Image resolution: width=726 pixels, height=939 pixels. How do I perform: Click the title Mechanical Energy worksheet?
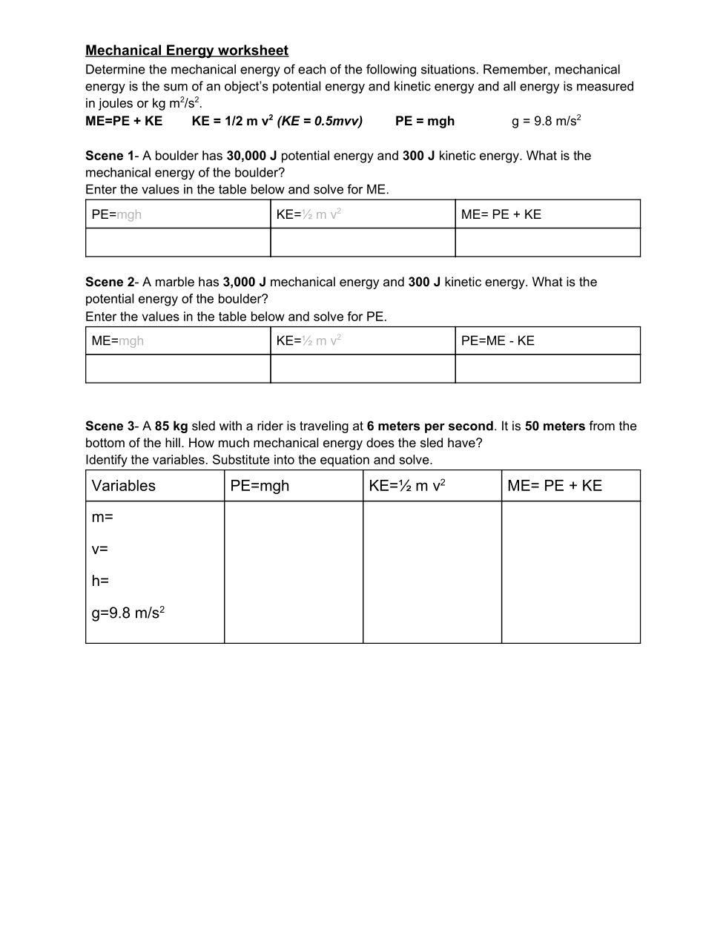[187, 50]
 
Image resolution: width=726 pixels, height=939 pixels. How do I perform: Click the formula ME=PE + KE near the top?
[124, 121]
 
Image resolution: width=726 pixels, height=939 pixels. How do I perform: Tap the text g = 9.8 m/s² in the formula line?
[546, 121]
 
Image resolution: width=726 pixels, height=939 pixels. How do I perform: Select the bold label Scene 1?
[109, 156]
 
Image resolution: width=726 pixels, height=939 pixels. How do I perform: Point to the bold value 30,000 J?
[251, 156]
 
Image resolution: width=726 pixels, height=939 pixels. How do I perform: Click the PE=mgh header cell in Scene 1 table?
[116, 214]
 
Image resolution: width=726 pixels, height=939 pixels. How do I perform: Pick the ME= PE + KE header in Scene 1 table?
[501, 214]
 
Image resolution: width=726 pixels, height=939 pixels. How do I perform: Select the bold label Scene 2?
[109, 282]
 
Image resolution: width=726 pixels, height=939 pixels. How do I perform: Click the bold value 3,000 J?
[244, 282]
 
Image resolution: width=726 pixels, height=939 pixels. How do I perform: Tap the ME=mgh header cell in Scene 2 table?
[118, 341]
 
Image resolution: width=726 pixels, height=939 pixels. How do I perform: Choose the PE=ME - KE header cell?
[498, 341]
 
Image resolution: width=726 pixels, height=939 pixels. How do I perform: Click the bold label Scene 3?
[109, 426]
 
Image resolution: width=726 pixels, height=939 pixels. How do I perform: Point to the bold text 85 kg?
[171, 426]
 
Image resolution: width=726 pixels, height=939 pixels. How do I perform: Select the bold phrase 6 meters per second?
[429, 426]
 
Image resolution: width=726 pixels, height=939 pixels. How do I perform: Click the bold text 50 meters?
[555, 426]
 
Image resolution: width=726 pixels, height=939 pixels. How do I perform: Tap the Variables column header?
[124, 486]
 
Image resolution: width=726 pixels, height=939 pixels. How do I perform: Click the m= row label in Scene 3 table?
[102, 517]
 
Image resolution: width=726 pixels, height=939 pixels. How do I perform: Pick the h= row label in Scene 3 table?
[100, 581]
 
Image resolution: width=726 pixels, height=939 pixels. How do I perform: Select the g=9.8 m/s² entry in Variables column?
[128, 613]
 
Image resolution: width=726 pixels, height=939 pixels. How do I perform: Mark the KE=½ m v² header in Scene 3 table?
[406, 486]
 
